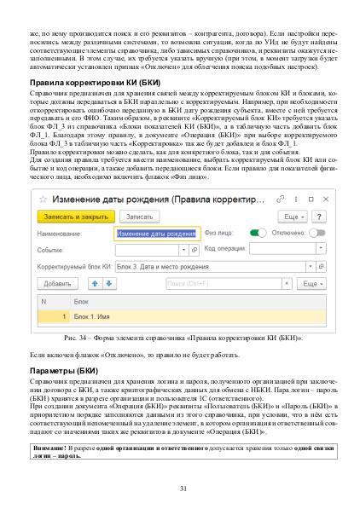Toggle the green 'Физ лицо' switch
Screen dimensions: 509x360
coord(258,232)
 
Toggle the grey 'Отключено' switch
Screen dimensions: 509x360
coord(318,232)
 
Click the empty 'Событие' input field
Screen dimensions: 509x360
coord(149,249)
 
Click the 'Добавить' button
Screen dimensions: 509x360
coord(57,283)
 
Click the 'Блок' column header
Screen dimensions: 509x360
coord(82,302)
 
